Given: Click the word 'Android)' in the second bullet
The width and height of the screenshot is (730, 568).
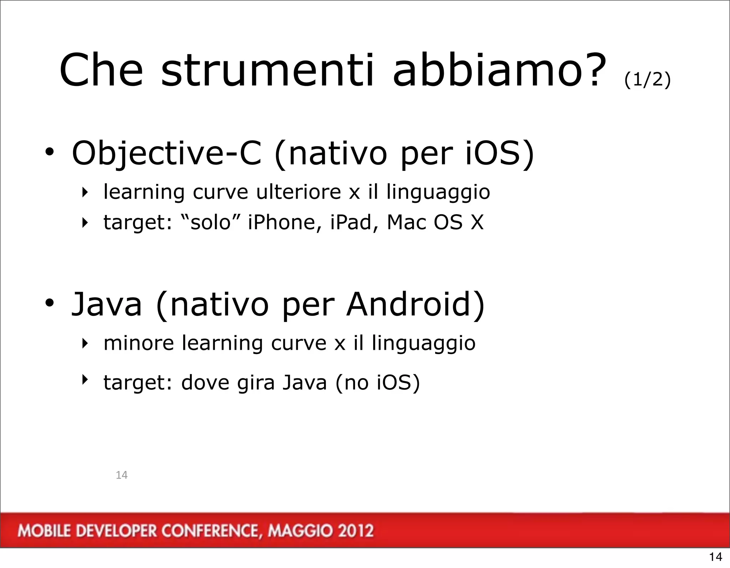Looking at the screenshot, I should pos(416,305).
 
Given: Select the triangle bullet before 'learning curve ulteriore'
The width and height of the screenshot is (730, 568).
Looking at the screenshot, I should pos(84,193).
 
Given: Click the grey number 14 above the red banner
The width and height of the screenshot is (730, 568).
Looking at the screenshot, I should pos(122,475).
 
